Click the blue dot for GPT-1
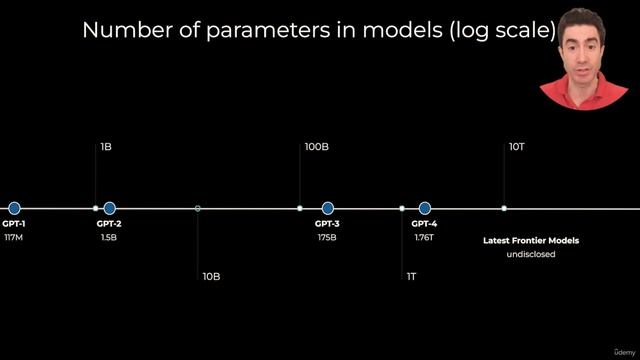(x=14, y=208)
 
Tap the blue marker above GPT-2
(x=109, y=208)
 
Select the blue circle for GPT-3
(x=327, y=208)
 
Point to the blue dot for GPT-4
(x=424, y=208)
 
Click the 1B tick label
(x=106, y=147)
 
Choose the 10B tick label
(x=211, y=276)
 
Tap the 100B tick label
(x=317, y=147)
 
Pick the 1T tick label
(x=412, y=276)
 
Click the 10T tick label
(x=517, y=147)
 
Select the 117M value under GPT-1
(x=14, y=238)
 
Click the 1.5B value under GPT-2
(x=109, y=238)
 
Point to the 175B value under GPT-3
(x=327, y=238)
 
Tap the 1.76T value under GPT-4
(x=424, y=238)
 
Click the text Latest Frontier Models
(x=531, y=240)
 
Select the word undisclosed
(x=531, y=254)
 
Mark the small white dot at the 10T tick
(x=504, y=208)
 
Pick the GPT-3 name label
(x=327, y=224)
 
